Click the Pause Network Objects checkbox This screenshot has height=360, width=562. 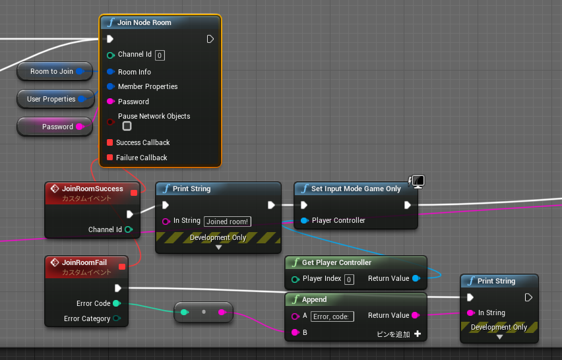tap(127, 126)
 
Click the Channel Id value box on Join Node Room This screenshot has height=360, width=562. tap(160, 55)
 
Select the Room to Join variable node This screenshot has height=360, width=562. tap(55, 71)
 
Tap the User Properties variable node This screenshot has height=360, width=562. tap(55, 99)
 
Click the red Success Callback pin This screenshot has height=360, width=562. tap(110, 142)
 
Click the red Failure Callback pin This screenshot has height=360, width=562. tap(110, 158)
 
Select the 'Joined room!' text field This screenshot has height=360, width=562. tap(227, 222)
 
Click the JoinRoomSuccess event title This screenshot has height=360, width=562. tap(92, 189)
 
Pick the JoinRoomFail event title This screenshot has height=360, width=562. tap(84, 262)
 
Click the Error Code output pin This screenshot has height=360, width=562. tap(117, 303)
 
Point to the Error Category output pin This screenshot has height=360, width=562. tap(117, 318)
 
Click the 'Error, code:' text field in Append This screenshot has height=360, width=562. tap(332, 316)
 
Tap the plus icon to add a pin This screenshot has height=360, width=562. tap(418, 334)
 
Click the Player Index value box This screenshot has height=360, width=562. tap(349, 280)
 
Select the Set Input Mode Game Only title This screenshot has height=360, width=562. tap(356, 189)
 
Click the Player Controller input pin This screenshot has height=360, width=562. tap(304, 220)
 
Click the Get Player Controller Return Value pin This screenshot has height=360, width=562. tap(416, 278)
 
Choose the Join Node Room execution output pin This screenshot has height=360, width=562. tap(210, 39)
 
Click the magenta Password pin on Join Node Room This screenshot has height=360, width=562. tap(111, 102)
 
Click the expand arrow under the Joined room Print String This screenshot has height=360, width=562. tap(218, 247)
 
